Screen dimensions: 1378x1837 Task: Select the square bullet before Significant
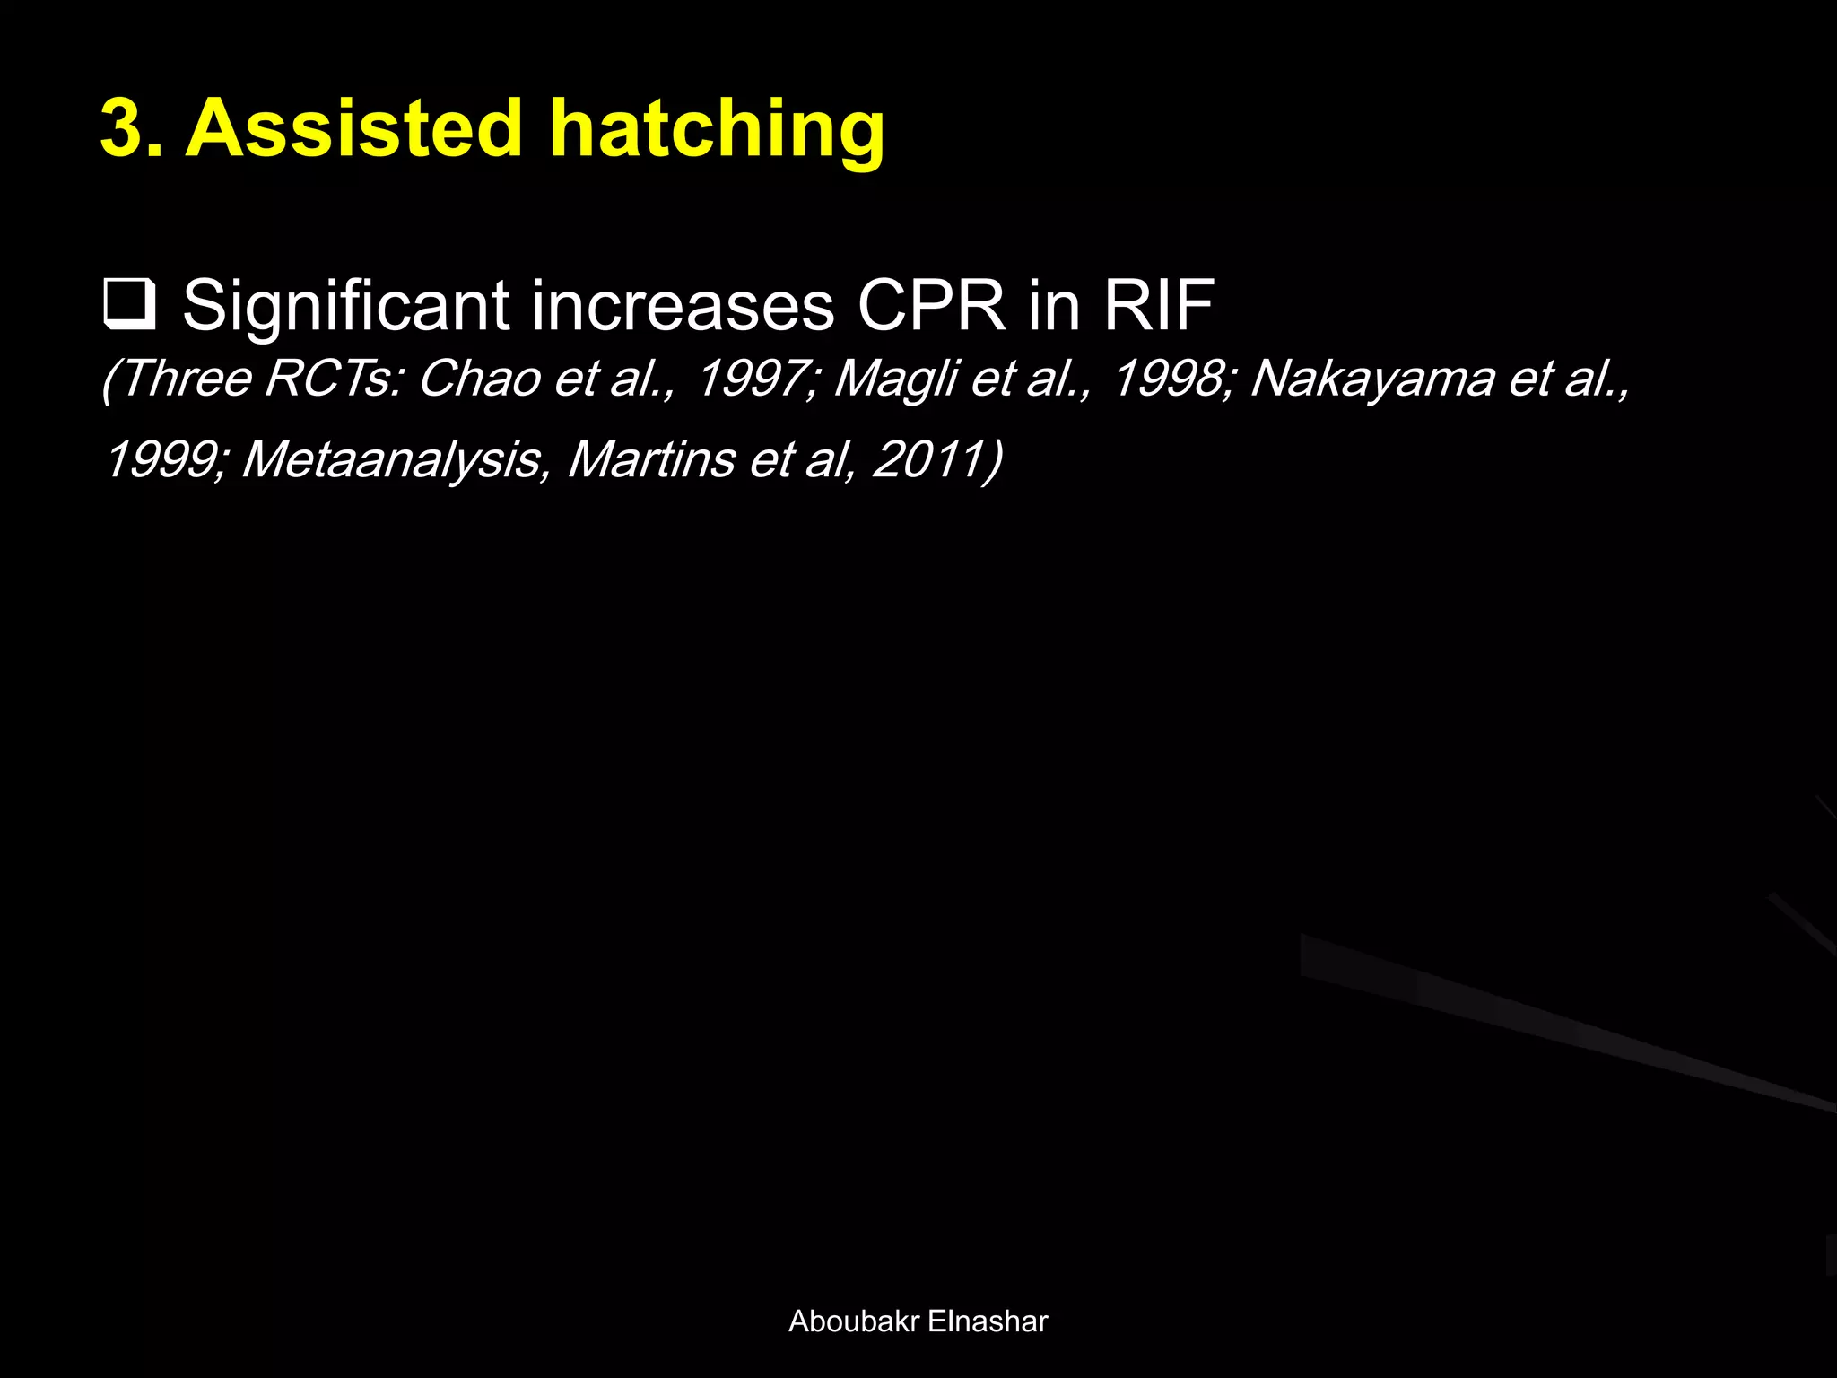point(130,305)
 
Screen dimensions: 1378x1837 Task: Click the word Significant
point(346,306)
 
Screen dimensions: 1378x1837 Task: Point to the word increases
point(683,306)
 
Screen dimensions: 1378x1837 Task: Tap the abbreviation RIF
point(1158,306)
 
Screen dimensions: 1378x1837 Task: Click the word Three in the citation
point(184,378)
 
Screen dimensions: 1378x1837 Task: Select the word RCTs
point(332,378)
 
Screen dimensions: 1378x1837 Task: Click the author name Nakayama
point(1371,378)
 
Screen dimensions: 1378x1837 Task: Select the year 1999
point(162,459)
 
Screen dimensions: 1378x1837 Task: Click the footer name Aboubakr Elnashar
point(918,1321)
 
